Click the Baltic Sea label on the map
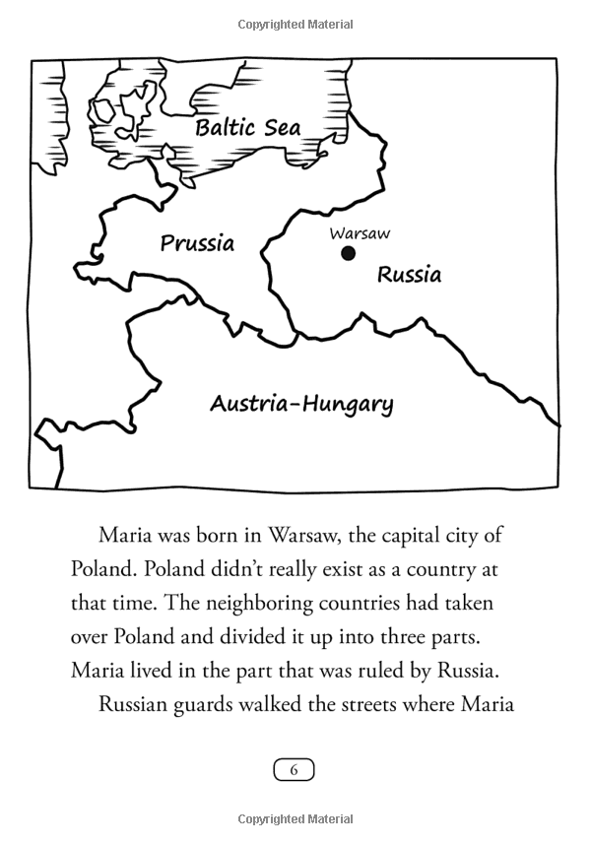click(x=247, y=128)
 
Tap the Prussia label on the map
click(x=197, y=242)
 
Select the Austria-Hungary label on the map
click(x=301, y=404)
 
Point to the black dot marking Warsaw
click(x=348, y=254)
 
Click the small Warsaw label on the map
click(x=360, y=233)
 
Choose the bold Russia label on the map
click(x=410, y=274)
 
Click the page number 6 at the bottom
click(x=294, y=770)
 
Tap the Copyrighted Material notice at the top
click(x=295, y=24)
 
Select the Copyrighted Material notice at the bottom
click(x=295, y=819)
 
